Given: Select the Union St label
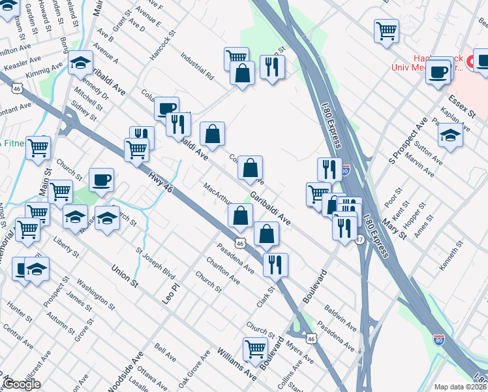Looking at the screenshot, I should coord(125,276).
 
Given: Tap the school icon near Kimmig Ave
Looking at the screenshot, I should coord(80,63).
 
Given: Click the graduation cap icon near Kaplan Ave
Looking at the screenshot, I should coord(450,135).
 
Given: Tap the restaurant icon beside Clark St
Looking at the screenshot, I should coord(275,264).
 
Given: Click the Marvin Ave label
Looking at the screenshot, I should coord(419,165).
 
